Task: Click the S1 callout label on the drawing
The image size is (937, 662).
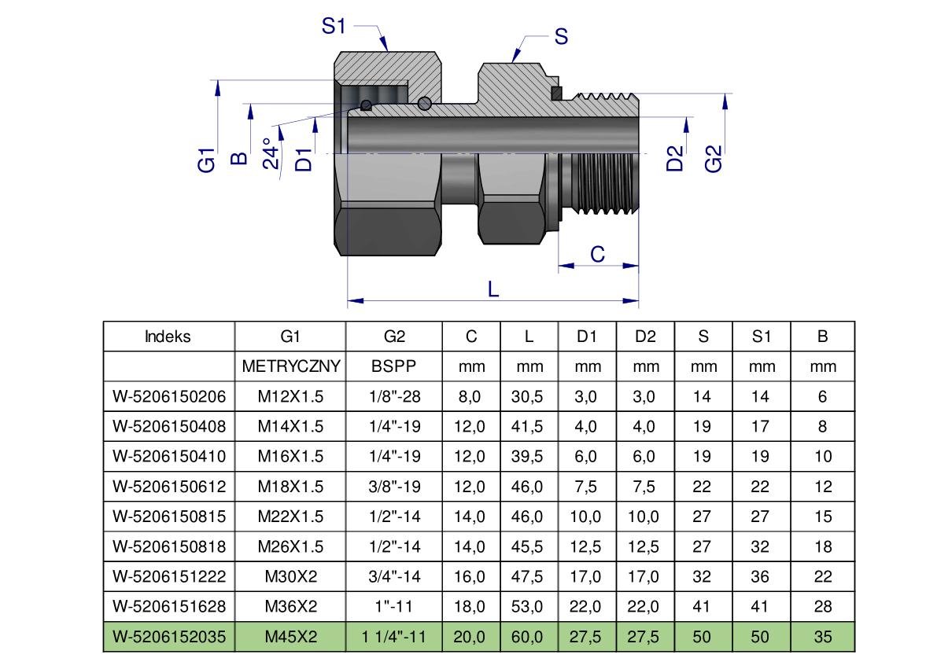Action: (334, 26)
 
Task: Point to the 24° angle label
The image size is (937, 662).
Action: (271, 153)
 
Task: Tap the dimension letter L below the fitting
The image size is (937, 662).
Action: (493, 289)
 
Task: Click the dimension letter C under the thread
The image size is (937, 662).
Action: (598, 254)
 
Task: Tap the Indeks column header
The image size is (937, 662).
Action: (168, 337)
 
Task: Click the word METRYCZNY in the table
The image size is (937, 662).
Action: (290, 366)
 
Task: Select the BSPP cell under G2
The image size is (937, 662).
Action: (394, 366)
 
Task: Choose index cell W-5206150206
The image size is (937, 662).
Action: (169, 396)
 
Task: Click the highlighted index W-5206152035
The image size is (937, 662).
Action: (169, 637)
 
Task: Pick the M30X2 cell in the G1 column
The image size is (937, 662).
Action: (290, 576)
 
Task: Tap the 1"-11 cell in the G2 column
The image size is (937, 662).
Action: (394, 606)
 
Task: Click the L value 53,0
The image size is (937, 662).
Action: (529, 606)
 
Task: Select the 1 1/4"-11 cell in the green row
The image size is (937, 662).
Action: (394, 637)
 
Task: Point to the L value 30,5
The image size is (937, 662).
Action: (529, 396)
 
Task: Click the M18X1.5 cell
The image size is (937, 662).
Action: (290, 487)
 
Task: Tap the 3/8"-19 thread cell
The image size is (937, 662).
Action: (394, 487)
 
